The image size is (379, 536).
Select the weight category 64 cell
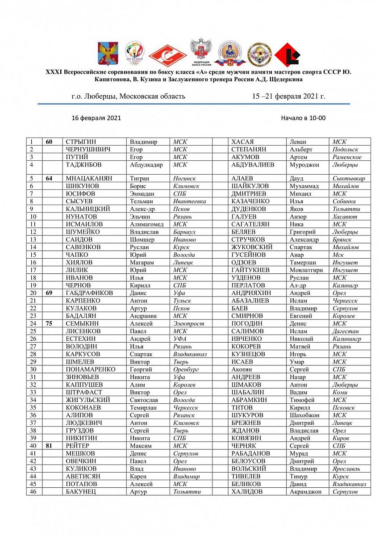tap(49, 178)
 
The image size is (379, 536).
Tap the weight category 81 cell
tap(49, 446)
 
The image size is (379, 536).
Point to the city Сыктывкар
tap(349, 178)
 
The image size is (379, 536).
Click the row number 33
tap(33, 392)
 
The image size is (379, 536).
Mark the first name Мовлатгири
tap(308, 270)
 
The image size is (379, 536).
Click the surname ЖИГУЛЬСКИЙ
tap(88, 400)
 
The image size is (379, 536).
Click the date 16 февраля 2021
tap(96, 118)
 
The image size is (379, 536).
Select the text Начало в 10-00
tap(304, 118)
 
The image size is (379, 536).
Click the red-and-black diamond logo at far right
tap(287, 55)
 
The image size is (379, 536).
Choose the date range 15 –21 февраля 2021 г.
tap(289, 96)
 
